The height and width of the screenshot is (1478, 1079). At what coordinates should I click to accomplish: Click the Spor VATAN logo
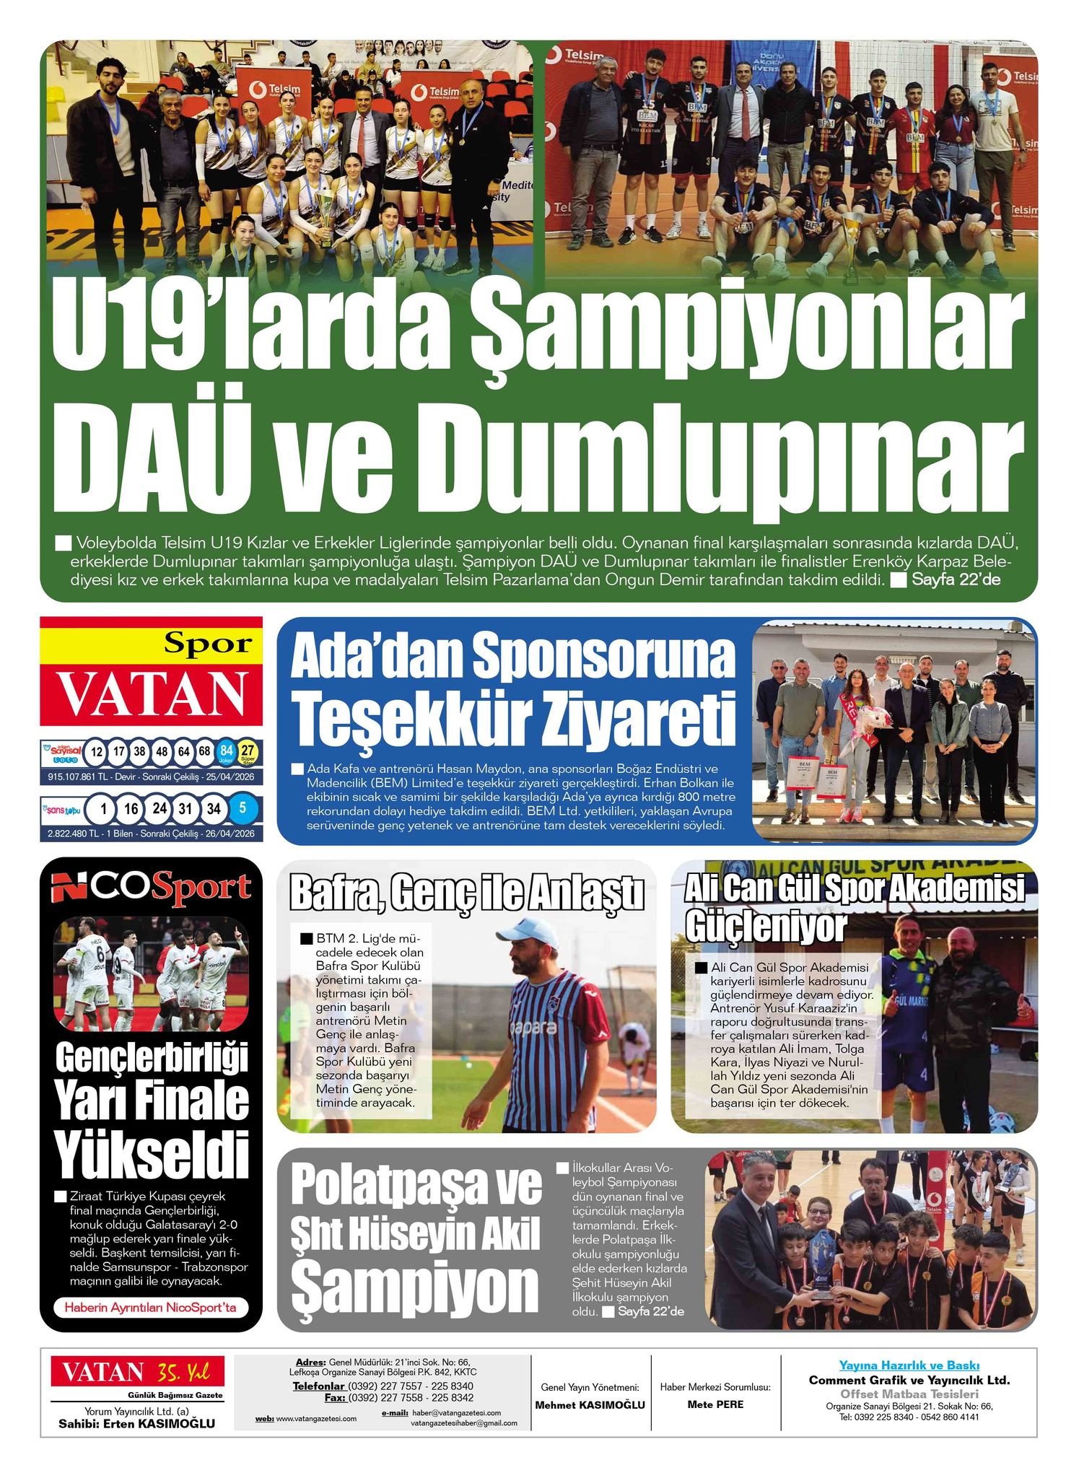(152, 672)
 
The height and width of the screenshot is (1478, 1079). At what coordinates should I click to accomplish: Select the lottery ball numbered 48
(162, 751)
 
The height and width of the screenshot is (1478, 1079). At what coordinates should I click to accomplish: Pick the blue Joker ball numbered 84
(226, 751)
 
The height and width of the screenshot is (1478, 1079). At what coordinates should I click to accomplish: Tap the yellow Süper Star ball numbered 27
(248, 751)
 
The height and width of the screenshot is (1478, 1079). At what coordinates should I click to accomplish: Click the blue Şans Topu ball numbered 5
(243, 808)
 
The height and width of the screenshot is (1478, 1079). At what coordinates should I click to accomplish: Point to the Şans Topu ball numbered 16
(131, 808)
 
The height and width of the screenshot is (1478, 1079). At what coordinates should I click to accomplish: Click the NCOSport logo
(151, 888)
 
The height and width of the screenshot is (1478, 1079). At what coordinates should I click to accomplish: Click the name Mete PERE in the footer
(715, 1404)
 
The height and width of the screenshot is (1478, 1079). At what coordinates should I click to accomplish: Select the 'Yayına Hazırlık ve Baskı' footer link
(909, 1365)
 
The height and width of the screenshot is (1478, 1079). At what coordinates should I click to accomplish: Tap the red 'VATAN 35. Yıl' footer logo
(137, 1371)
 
